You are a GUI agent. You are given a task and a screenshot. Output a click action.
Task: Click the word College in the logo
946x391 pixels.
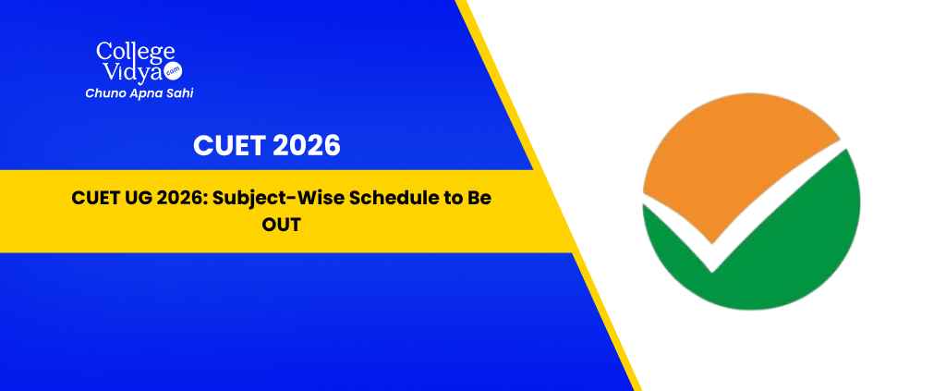pyautogui.click(x=135, y=53)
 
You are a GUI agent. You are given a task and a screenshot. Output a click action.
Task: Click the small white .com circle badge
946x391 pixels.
pyautogui.click(x=174, y=71)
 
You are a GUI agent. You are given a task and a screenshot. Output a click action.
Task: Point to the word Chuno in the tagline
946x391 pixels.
pyautogui.click(x=102, y=93)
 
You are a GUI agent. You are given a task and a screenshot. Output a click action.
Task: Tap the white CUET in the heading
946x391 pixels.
pyautogui.click(x=228, y=146)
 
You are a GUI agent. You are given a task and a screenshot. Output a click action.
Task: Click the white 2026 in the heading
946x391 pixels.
pyautogui.click(x=306, y=146)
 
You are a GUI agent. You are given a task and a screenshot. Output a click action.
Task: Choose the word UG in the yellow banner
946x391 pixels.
pyautogui.click(x=127, y=198)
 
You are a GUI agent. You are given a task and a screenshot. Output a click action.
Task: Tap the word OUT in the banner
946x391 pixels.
pyautogui.click(x=281, y=225)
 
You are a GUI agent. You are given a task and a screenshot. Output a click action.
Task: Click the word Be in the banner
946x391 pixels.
pyautogui.click(x=480, y=198)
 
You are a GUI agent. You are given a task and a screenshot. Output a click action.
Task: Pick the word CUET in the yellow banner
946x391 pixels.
pyautogui.click(x=91, y=198)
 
